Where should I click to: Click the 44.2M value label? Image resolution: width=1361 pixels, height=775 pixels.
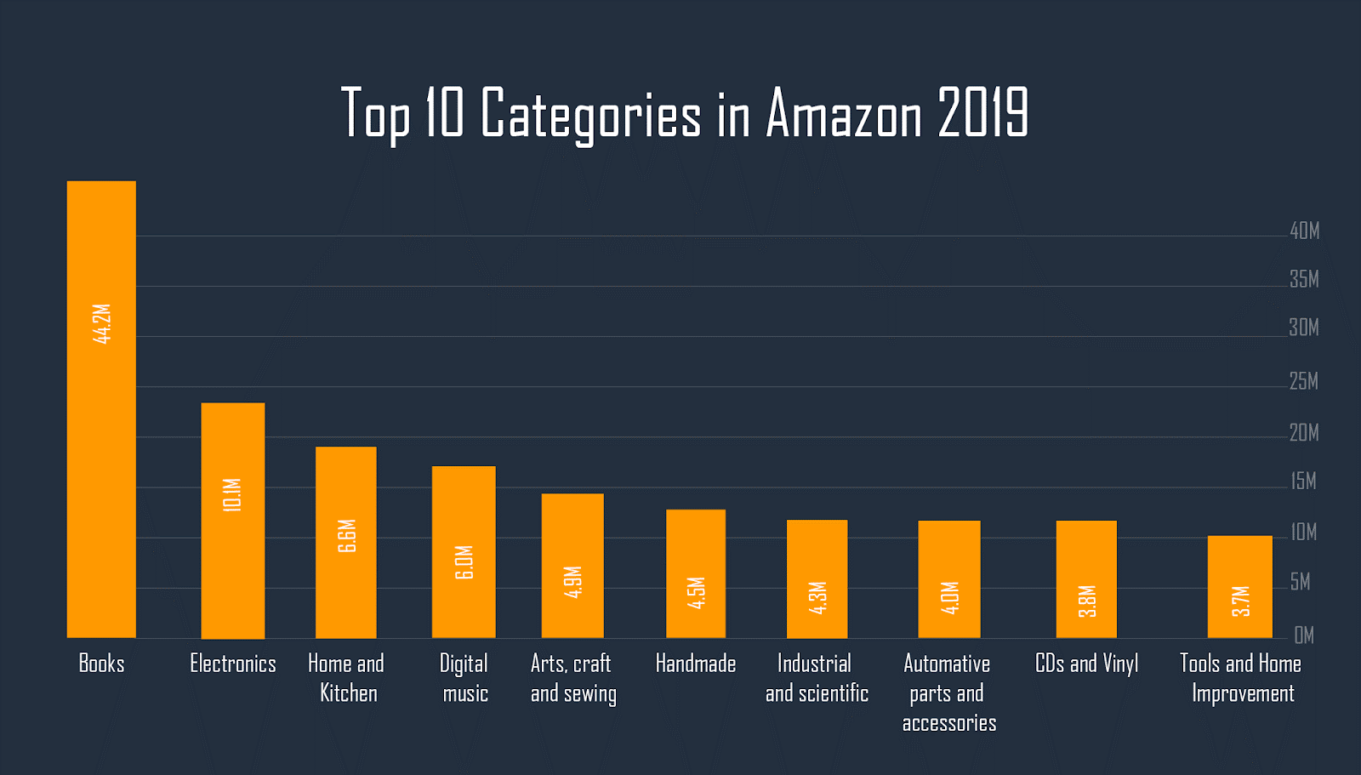[x=102, y=324]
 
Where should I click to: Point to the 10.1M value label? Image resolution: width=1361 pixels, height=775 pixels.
[x=232, y=495]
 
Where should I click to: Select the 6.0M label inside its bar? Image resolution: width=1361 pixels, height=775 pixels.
[x=464, y=562]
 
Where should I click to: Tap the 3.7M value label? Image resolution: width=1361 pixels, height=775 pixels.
[x=1241, y=601]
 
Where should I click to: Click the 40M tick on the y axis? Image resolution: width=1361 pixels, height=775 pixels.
[x=1304, y=231]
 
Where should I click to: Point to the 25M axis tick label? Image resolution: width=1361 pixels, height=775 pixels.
[x=1303, y=381]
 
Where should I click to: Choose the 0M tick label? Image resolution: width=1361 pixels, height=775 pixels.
[x=1303, y=635]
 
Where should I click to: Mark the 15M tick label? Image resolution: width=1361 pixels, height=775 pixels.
[x=1303, y=482]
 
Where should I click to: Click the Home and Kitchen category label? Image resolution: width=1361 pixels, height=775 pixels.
[x=346, y=678]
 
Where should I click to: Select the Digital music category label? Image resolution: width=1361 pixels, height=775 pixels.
[x=464, y=678]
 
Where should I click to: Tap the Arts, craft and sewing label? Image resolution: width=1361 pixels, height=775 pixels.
[x=572, y=678]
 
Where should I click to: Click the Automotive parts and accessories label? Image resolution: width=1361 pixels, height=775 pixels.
[x=948, y=692]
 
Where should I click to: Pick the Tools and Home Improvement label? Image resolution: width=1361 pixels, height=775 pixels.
[x=1241, y=678]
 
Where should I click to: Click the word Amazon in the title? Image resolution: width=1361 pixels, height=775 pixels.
[x=844, y=114]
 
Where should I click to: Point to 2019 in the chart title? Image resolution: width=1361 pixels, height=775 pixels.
[x=983, y=114]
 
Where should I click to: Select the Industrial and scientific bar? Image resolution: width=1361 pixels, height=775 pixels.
[x=817, y=578]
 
